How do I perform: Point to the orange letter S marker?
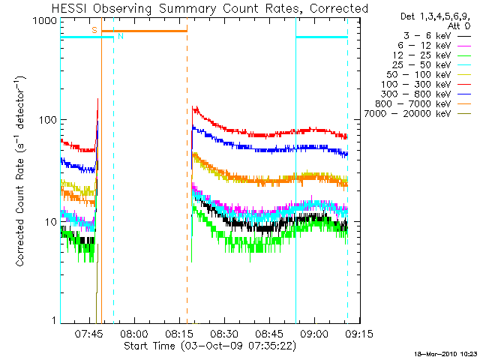tap(94, 29)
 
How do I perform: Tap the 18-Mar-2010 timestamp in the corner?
tap(445, 352)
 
